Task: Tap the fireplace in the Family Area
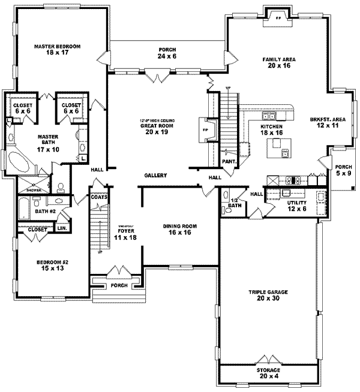tap(278, 16)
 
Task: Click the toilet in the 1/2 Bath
tap(227, 210)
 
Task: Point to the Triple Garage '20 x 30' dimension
tap(268, 299)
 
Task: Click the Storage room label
tap(268, 371)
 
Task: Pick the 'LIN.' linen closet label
tap(61, 229)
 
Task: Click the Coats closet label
tap(99, 195)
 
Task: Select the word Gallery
tap(155, 175)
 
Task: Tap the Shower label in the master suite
tap(28, 185)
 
